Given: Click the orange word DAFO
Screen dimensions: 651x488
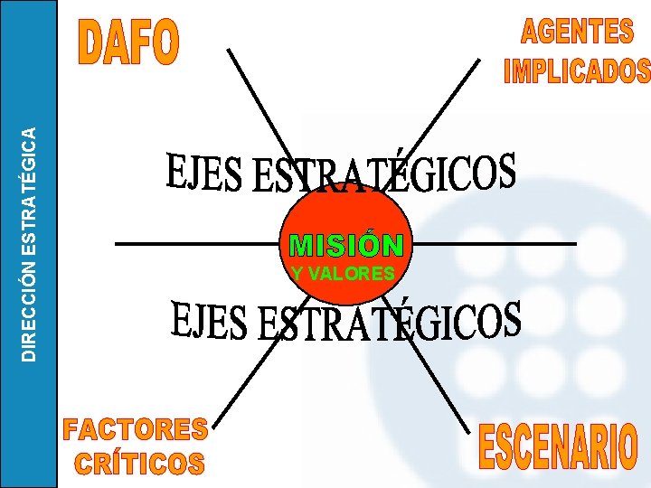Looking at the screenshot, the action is tap(131, 43).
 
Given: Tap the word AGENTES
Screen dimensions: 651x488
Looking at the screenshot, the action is tap(577, 32).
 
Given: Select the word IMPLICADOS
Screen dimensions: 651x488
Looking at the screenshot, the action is tap(577, 70).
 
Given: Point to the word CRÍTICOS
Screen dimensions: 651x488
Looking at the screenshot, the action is tap(140, 464).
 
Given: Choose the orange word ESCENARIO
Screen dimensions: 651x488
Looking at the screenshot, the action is tap(557, 447).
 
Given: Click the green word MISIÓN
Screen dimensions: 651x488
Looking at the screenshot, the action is tap(344, 245).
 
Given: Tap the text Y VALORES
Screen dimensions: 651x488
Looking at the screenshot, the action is tap(344, 273).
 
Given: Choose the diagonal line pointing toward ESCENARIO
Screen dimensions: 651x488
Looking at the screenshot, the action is tap(443, 380).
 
